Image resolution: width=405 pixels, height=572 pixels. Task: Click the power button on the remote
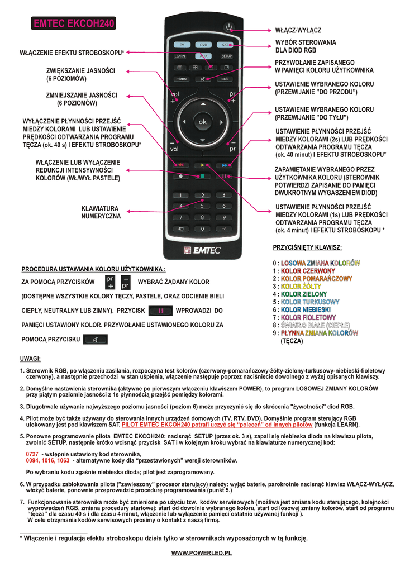227,27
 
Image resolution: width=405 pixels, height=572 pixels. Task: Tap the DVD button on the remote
203,44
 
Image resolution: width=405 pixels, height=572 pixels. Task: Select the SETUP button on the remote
226,56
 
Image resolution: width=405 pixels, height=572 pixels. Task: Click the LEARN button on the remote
180,56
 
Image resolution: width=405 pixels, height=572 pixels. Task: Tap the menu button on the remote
182,79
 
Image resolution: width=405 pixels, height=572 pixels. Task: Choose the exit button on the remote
225,79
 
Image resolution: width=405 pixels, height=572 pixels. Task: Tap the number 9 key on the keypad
223,217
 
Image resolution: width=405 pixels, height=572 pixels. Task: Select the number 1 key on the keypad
180,195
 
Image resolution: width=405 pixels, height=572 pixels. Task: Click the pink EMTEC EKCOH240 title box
74,23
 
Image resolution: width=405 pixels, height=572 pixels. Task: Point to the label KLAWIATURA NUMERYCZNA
101,212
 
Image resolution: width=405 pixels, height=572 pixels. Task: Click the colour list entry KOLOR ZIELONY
303,294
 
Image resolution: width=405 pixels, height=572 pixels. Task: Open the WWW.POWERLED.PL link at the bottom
201,552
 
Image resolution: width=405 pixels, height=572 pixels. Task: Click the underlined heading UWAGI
30,359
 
